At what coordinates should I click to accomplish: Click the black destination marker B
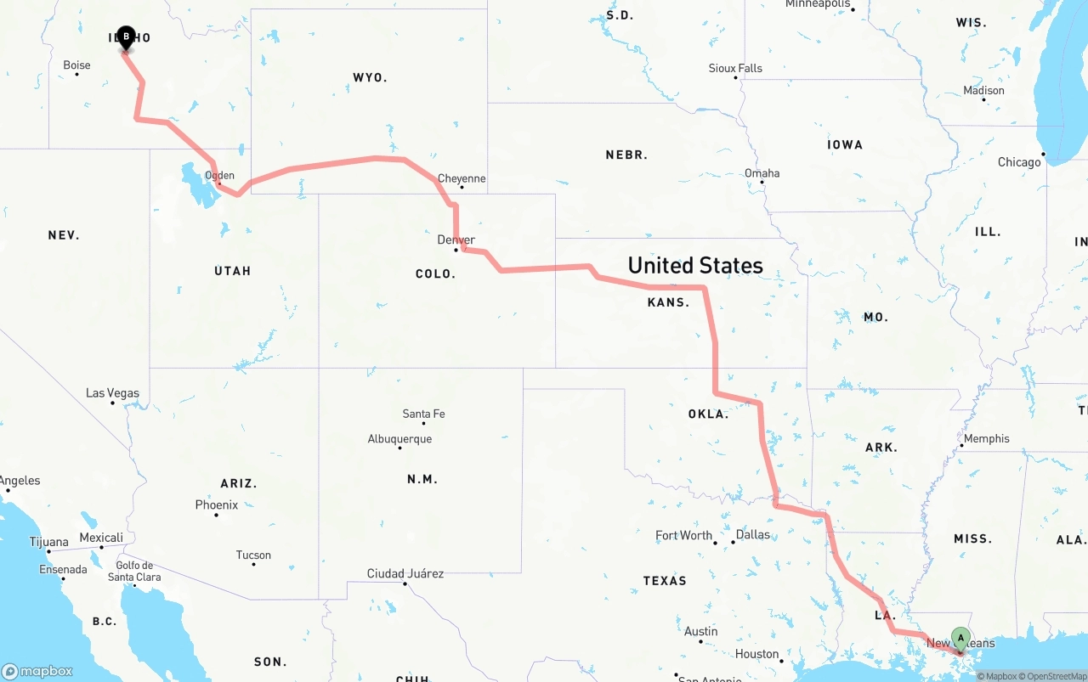[126, 37]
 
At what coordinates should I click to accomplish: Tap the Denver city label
[456, 240]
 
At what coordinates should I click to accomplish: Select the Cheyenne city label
[462, 178]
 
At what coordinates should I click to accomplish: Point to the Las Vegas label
[112, 393]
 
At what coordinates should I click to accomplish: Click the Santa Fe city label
[423, 414]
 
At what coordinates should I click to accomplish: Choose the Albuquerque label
[399, 439]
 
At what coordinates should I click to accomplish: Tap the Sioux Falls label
[736, 68]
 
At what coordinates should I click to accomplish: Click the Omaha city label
[762, 173]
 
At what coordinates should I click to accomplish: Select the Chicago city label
[1019, 162]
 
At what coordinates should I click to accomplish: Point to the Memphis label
[987, 438]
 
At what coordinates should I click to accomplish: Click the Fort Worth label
[684, 535]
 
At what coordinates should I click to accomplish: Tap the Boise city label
[76, 65]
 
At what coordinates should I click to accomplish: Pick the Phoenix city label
[217, 504]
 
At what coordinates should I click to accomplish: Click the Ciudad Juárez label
[405, 573]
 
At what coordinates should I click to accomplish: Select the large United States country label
[695, 265]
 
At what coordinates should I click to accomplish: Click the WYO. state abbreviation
[370, 77]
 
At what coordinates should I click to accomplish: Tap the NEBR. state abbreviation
[626, 155]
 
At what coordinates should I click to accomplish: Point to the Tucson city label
[253, 555]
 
